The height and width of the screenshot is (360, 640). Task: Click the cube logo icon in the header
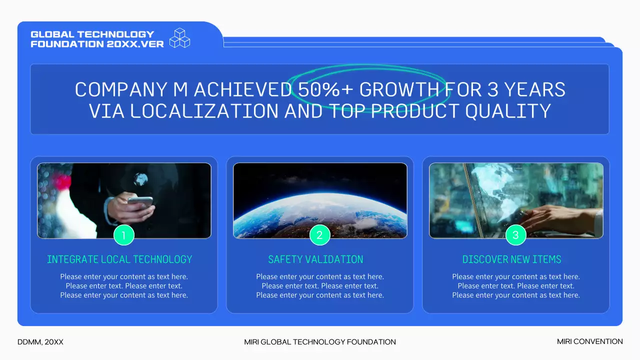pyautogui.click(x=179, y=37)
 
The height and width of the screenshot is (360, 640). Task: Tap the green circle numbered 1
pyautogui.click(x=123, y=235)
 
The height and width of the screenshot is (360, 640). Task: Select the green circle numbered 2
pyautogui.click(x=319, y=235)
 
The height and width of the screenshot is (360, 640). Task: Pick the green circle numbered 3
pyautogui.click(x=515, y=235)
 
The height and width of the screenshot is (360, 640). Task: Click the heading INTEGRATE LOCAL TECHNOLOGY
pyautogui.click(x=119, y=259)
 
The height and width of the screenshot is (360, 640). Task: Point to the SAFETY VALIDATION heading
pyautogui.click(x=315, y=259)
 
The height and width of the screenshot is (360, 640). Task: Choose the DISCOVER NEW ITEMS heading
pyautogui.click(x=511, y=259)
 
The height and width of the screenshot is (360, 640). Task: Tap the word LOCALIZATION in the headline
pyautogui.click(x=204, y=111)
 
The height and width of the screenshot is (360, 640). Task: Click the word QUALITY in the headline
pyautogui.click(x=508, y=111)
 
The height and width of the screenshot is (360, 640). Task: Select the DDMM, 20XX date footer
pyautogui.click(x=40, y=342)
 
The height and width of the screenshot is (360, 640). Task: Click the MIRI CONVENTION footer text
pyautogui.click(x=589, y=341)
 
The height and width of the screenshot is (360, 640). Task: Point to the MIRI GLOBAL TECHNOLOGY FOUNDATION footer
pyautogui.click(x=320, y=342)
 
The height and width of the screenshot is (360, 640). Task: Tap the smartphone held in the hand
pyautogui.click(x=140, y=202)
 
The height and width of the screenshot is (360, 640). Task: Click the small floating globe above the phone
pyautogui.click(x=140, y=179)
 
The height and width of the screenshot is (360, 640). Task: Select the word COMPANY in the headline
pyautogui.click(x=121, y=89)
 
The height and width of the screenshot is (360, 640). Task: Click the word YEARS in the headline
pyautogui.click(x=534, y=89)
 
